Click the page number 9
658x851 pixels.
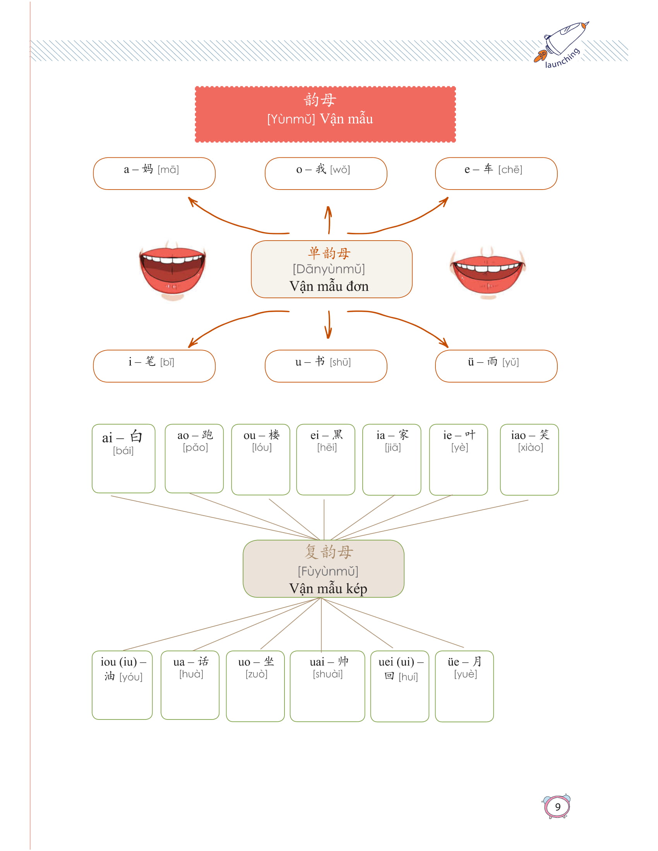(x=557, y=807)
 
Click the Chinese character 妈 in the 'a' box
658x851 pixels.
(x=147, y=169)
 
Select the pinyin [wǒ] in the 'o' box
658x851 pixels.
(x=340, y=169)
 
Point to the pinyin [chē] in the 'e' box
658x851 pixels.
(x=510, y=169)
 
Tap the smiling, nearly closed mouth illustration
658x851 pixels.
(x=487, y=272)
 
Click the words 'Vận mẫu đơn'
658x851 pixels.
(x=329, y=286)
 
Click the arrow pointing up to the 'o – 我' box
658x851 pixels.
(x=329, y=219)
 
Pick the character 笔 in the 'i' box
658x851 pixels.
(x=150, y=361)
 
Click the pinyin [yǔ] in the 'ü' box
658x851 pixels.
(x=510, y=362)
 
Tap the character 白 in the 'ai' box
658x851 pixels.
(x=136, y=436)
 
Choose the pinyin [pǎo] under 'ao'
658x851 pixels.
(x=195, y=447)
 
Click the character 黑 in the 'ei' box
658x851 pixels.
(x=337, y=434)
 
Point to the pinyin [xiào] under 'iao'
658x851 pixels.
(x=530, y=447)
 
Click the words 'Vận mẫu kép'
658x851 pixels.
(x=328, y=588)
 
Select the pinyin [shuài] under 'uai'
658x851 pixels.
(x=327, y=674)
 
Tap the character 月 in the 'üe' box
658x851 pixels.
(x=477, y=661)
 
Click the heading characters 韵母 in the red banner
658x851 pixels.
(x=320, y=100)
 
